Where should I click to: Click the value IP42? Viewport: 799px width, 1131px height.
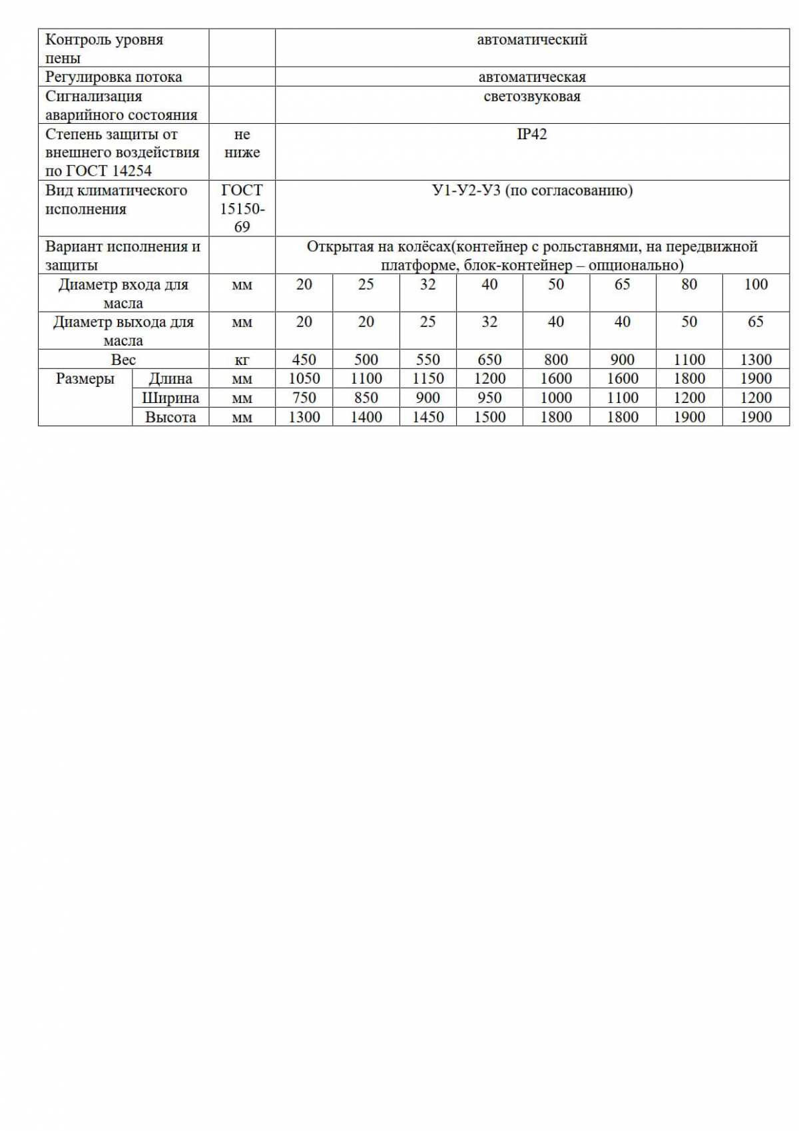(x=531, y=134)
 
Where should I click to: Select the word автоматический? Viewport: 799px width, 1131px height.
(x=531, y=39)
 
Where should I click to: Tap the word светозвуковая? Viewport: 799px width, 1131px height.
(x=531, y=97)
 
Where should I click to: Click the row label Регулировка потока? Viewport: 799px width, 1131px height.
(x=113, y=77)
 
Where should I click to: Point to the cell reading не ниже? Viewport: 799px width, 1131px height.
(x=242, y=143)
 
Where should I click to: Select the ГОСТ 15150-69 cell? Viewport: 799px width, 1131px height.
(x=242, y=208)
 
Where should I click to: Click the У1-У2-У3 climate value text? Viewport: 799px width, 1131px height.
(x=532, y=190)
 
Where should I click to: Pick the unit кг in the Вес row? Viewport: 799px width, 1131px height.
(x=242, y=360)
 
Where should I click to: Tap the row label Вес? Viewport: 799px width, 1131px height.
(x=123, y=360)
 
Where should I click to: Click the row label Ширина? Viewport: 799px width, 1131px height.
(x=170, y=398)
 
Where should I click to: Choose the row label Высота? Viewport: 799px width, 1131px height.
(x=170, y=417)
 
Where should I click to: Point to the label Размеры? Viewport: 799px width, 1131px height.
(x=85, y=379)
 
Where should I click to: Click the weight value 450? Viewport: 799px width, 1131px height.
(x=304, y=360)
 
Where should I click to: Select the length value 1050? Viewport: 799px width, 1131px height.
(x=304, y=378)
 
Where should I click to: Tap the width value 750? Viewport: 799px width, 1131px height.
(x=304, y=398)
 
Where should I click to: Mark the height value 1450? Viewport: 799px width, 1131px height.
(x=427, y=417)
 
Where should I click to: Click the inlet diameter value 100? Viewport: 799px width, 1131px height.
(x=756, y=284)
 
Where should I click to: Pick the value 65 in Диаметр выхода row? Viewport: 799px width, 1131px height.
(x=756, y=322)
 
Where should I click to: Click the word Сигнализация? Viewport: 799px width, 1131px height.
(x=93, y=96)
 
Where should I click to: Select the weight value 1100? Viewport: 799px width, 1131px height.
(x=689, y=360)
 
